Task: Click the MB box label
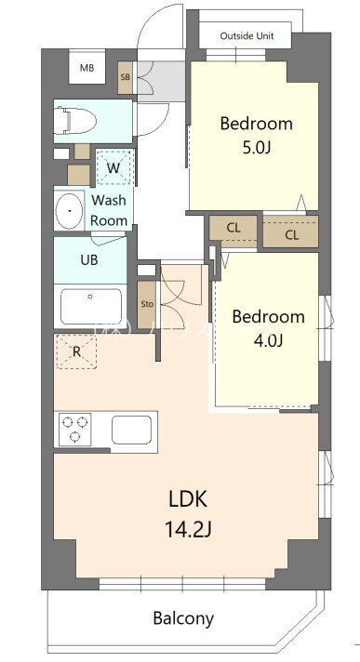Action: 87,68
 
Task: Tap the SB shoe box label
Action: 126,77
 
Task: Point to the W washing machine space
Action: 113,168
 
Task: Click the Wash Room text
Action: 109,210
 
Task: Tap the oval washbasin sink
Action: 69,211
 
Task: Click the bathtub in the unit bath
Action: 90,306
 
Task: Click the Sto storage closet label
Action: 146,303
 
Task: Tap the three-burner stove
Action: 75,430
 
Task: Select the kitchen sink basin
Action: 132,430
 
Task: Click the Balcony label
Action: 183,617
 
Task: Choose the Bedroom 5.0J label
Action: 256,135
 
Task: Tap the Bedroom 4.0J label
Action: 268,327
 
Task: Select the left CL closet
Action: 233,229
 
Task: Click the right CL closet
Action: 291,234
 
